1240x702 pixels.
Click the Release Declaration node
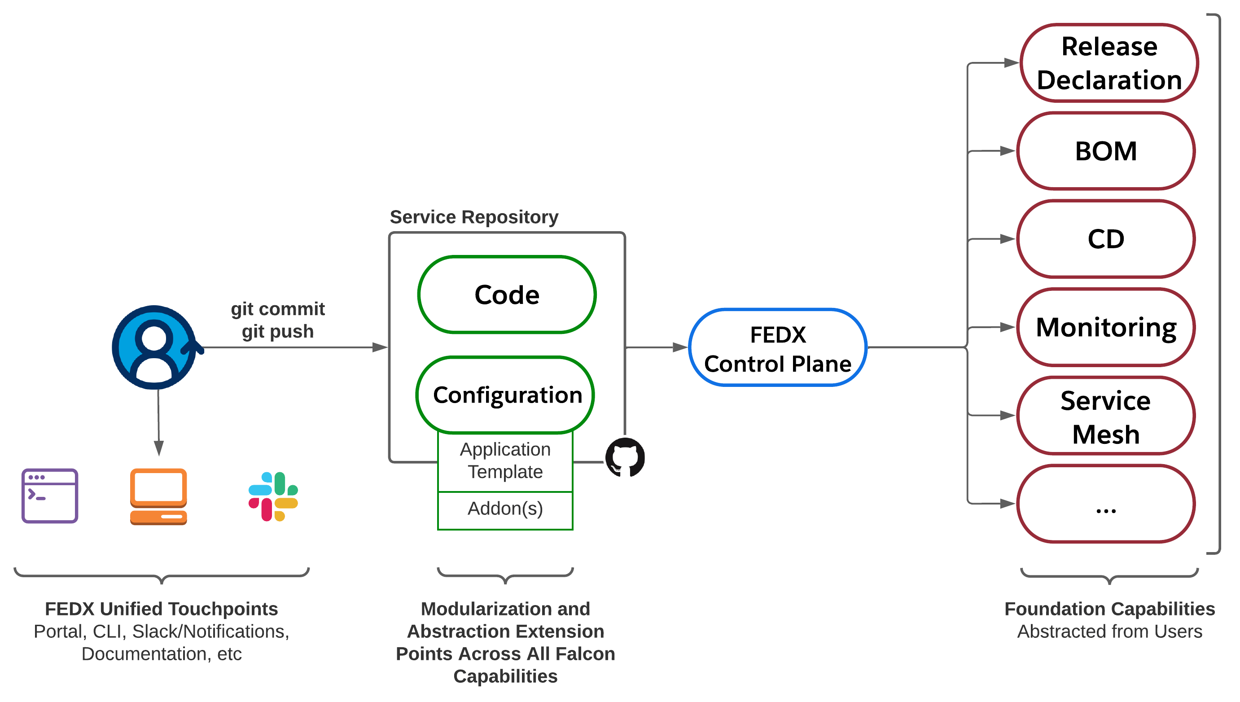[x=1109, y=63]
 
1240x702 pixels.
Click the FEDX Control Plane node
[x=777, y=347]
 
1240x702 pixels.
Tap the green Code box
[x=507, y=294]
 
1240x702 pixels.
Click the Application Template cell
[x=505, y=461]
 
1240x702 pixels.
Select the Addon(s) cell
[x=505, y=509]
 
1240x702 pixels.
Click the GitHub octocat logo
[x=625, y=457]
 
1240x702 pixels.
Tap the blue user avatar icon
[x=154, y=347]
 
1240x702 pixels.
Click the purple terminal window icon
[x=50, y=496]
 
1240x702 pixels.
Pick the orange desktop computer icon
[x=158, y=496]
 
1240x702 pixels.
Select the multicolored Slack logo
[x=273, y=496]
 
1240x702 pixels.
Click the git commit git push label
[x=278, y=320]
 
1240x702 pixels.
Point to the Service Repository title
[x=474, y=217]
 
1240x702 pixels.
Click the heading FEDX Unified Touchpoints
[x=162, y=609]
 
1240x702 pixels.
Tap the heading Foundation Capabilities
[x=1109, y=609]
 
